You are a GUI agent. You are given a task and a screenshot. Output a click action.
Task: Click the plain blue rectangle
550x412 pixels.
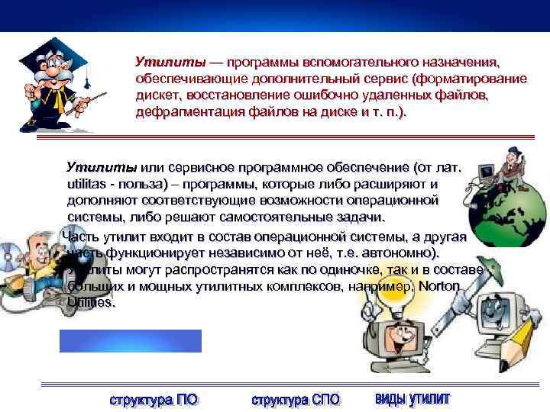131,341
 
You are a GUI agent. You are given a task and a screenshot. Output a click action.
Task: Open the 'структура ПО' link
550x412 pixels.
153,400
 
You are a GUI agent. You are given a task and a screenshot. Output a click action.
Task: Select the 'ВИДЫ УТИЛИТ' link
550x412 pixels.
413,399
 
